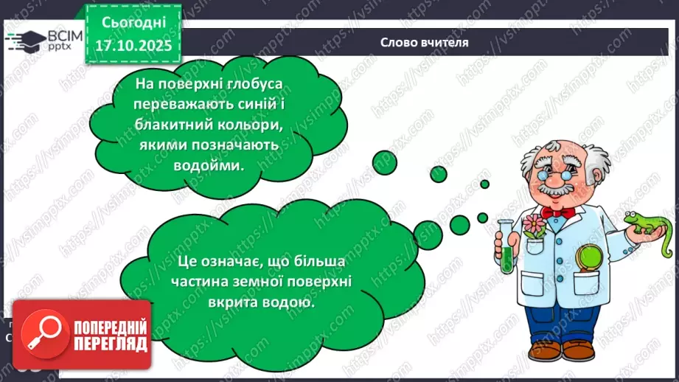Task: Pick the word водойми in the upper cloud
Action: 211,166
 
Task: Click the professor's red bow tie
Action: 557,213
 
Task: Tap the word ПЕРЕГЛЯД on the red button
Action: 110,344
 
